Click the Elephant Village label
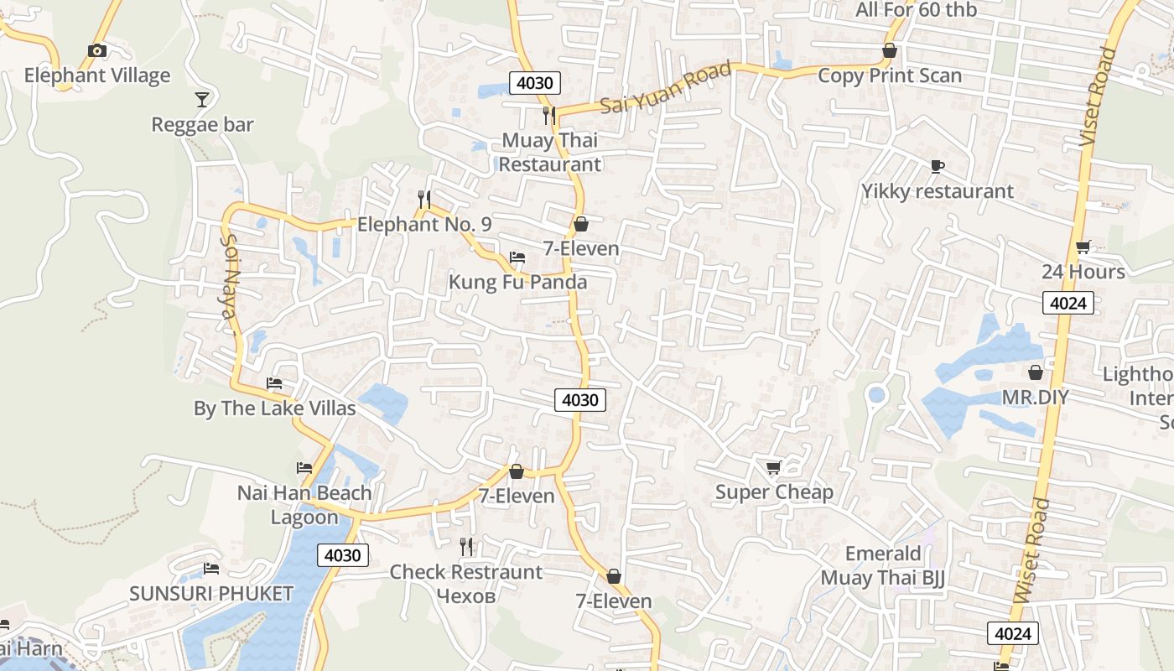96,75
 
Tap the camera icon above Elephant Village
97,50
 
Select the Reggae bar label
202,125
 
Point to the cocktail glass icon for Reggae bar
202,100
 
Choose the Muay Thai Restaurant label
550,152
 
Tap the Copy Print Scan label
890,75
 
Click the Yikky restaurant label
938,191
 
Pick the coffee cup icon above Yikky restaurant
937,166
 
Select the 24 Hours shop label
1083,272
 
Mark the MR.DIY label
1036,397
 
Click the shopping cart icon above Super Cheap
773,467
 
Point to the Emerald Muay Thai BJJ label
883,566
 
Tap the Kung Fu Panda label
517,282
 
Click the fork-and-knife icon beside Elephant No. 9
424,200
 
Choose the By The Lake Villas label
274,408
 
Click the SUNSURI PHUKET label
211,594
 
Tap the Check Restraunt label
466,572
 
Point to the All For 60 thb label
916,10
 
